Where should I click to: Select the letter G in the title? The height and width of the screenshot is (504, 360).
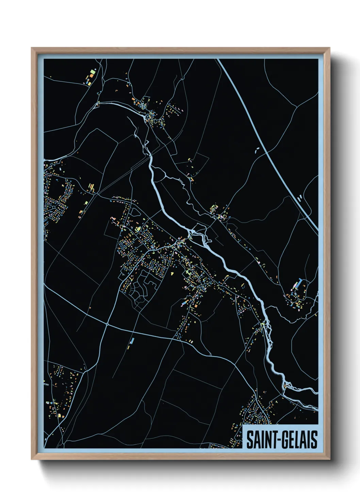(x=284, y=440)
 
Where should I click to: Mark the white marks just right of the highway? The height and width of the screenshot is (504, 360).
(x=299, y=197)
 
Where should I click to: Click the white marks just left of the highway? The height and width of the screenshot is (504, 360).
(x=257, y=150)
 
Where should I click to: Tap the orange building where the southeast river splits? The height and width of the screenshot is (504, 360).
(x=285, y=386)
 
